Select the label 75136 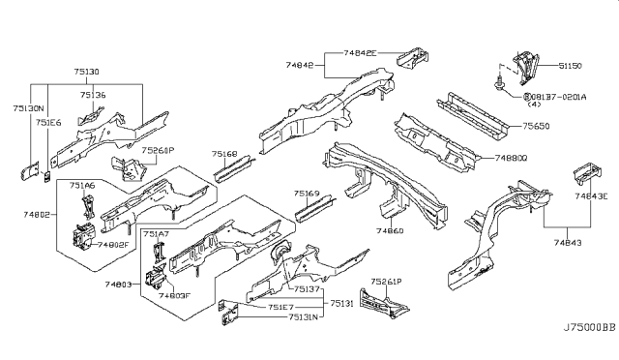[x=93, y=95]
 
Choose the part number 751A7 [x=156, y=234]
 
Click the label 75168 [x=226, y=152]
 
